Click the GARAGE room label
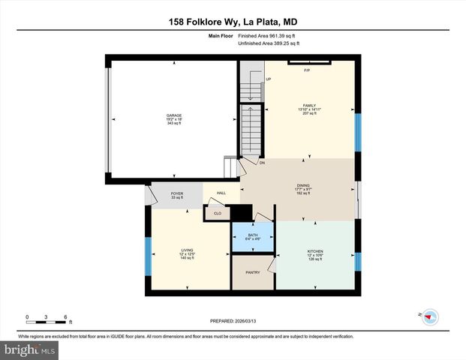click(174, 115)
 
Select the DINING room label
click(303, 184)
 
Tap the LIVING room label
click(188, 250)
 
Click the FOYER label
click(177, 193)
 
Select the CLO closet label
click(218, 213)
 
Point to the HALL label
click(221, 193)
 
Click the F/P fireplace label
click(307, 70)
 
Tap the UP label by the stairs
click(268, 79)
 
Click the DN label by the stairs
click(262, 163)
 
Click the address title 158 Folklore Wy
click(233, 22)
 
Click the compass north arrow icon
click(429, 316)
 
